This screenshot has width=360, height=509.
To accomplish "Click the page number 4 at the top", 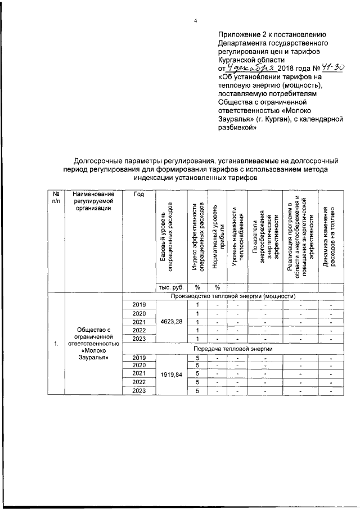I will (x=196, y=21).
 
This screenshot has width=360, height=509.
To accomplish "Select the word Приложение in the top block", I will (x=238, y=34).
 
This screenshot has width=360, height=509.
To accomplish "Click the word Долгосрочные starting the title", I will (x=104, y=161).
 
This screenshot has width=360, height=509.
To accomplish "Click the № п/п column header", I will (x=56, y=197).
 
